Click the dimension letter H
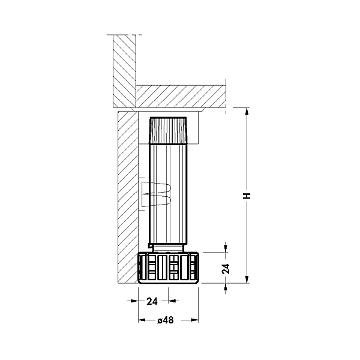pyautogui.click(x=247, y=196)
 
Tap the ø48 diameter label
pyautogui.click(x=166, y=320)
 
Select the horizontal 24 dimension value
pyautogui.click(x=152, y=301)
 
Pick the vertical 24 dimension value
pyautogui.click(x=226, y=269)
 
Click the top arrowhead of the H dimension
pyautogui.click(x=247, y=112)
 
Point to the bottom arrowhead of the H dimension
pyautogui.click(x=247, y=279)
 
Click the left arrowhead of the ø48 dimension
pyautogui.click(x=142, y=320)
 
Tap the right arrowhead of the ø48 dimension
pyautogui.click(x=194, y=320)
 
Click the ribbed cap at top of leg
pyautogui.click(x=168, y=130)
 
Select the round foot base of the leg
pyautogui.click(x=168, y=268)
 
